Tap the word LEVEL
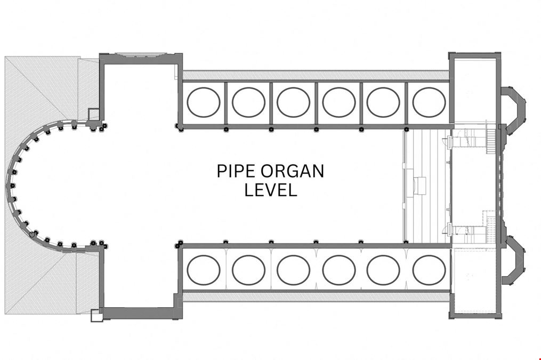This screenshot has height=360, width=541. tap(271, 190)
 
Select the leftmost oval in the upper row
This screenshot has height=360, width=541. tap(204, 102)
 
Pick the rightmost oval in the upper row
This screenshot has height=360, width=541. tap(429, 102)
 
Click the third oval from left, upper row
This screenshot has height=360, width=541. tap(293, 102)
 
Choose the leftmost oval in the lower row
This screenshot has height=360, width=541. tap(204, 269)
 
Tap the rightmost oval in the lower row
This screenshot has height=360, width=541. tap(429, 269)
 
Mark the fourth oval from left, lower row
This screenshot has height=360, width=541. tap(339, 269)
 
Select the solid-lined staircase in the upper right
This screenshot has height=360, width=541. tap(490, 139)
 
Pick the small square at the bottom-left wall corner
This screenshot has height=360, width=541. tap(96, 315)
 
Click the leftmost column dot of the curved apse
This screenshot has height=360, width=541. tap(12, 186)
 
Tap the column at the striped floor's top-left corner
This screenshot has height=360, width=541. tap(407, 129)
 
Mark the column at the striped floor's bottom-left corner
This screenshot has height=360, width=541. tap(407, 242)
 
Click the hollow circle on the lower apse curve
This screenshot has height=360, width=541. tap(32, 235)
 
